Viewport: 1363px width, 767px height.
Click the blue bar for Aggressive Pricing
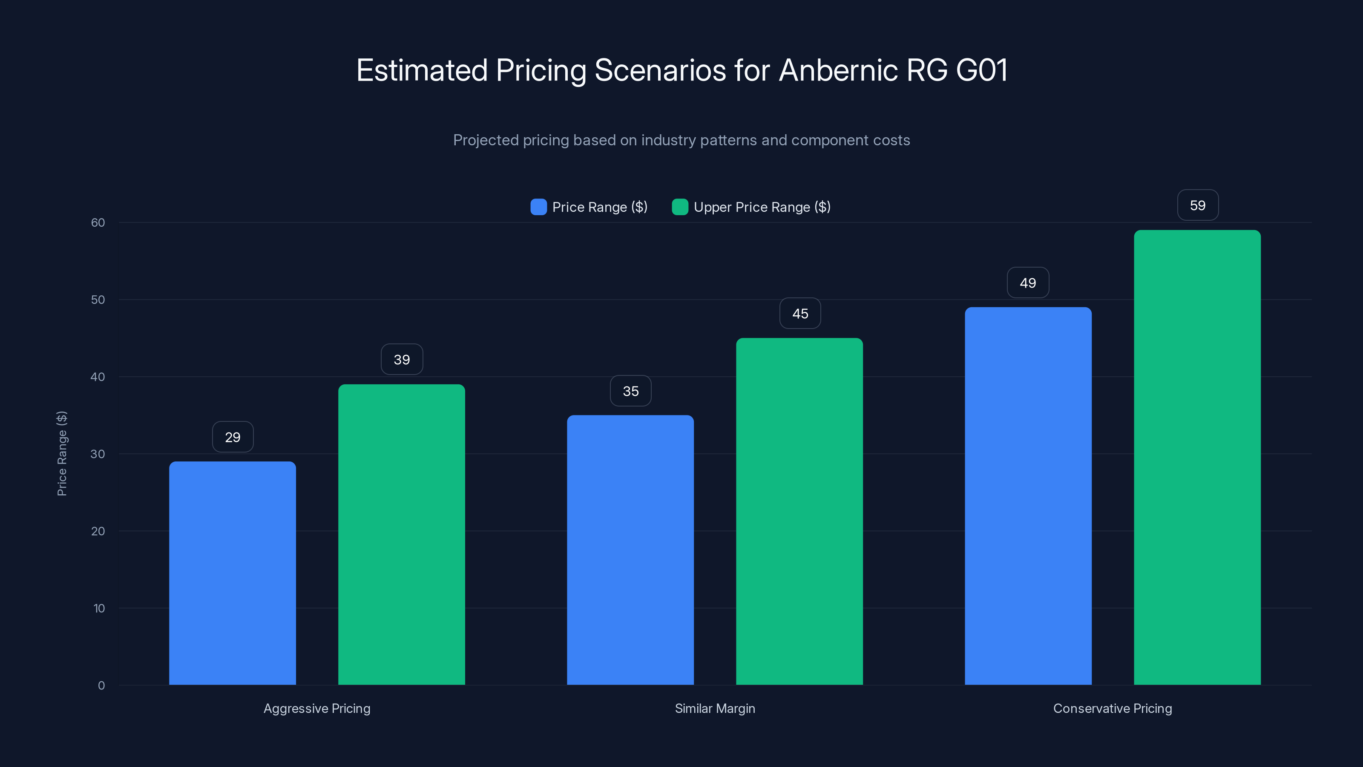tap(232, 573)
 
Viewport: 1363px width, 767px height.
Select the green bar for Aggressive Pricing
tap(402, 535)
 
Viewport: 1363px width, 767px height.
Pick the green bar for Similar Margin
tap(799, 511)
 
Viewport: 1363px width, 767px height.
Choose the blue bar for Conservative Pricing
tap(1028, 496)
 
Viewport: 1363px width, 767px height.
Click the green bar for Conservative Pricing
tap(1197, 457)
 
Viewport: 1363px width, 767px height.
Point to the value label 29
tap(233, 437)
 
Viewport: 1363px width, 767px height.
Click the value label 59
tap(1198, 205)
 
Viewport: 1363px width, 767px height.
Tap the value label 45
tap(800, 314)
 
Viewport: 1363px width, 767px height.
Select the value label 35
tap(631, 391)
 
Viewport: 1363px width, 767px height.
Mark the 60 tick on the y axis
tap(98, 223)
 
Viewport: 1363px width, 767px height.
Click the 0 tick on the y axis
tap(101, 686)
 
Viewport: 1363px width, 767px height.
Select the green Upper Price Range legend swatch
tap(680, 207)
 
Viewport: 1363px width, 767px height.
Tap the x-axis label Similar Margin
tap(715, 708)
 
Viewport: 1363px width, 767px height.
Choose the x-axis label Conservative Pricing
tap(1112, 708)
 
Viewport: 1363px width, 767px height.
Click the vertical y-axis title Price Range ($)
tap(62, 454)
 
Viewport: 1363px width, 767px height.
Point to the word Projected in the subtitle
tap(485, 140)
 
